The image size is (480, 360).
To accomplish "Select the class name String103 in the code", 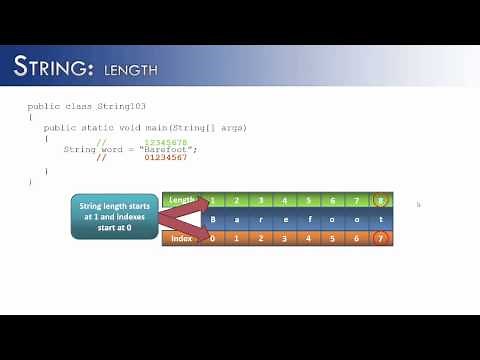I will (136, 105).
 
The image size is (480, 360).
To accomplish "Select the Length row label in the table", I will (181, 200).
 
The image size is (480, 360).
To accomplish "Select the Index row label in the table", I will (182, 238).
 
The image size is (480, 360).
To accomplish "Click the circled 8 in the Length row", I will (379, 200).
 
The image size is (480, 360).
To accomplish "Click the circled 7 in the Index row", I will (379, 238).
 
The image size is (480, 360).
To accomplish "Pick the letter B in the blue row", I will (211, 219).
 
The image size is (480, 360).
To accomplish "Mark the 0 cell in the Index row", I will (211, 238).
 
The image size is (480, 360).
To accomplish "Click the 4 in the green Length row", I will (283, 200).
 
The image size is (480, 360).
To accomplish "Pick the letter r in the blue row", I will (259, 219).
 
